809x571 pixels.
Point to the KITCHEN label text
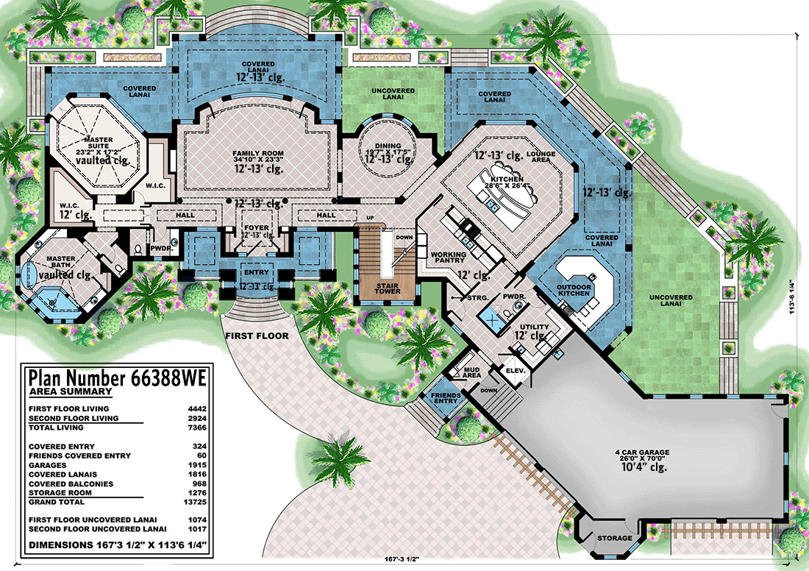coord(507,179)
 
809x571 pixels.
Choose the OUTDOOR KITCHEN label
coord(573,289)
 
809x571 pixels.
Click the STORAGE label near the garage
coord(613,538)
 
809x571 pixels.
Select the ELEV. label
coord(515,371)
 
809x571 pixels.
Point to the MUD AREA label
coord(471,372)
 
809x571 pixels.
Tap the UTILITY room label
coord(535,327)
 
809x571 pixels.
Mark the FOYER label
coord(255,227)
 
